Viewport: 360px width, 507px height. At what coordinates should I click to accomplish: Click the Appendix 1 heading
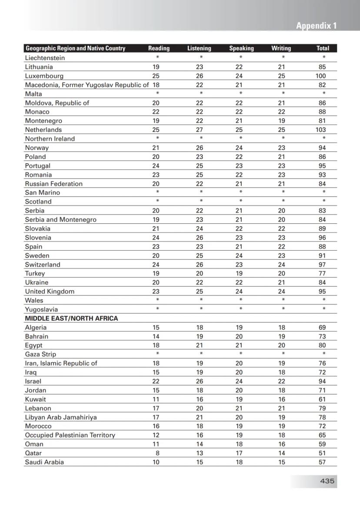point(316,26)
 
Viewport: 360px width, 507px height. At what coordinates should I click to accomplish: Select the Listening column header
point(199,48)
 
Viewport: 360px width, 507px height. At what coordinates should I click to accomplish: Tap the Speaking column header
point(241,48)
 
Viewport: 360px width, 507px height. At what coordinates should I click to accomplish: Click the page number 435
point(327,481)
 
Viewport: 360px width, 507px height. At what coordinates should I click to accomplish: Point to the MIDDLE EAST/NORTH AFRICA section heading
point(71,319)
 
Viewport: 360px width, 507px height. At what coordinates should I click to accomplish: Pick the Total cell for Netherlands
point(322,130)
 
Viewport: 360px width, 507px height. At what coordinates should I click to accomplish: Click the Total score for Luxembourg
point(321,76)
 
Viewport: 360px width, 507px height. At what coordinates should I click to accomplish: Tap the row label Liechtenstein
point(45,58)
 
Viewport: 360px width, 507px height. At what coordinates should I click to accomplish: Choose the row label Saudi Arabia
point(44,462)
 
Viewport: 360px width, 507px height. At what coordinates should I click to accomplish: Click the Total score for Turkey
point(322,274)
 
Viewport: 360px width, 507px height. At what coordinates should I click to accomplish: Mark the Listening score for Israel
point(200,381)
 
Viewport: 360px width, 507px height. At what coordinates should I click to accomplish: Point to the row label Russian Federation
point(53,184)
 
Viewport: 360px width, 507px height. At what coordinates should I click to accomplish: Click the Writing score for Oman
point(282,444)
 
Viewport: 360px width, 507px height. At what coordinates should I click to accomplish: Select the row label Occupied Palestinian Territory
point(70,435)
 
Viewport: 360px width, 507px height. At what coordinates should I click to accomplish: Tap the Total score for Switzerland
point(322,265)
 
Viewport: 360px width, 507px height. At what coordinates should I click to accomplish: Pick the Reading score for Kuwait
point(156,399)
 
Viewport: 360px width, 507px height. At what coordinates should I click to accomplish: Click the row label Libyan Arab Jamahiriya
point(61,417)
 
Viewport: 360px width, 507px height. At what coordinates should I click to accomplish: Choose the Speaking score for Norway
point(239,148)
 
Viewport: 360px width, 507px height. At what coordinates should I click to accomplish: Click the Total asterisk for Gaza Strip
point(324,354)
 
